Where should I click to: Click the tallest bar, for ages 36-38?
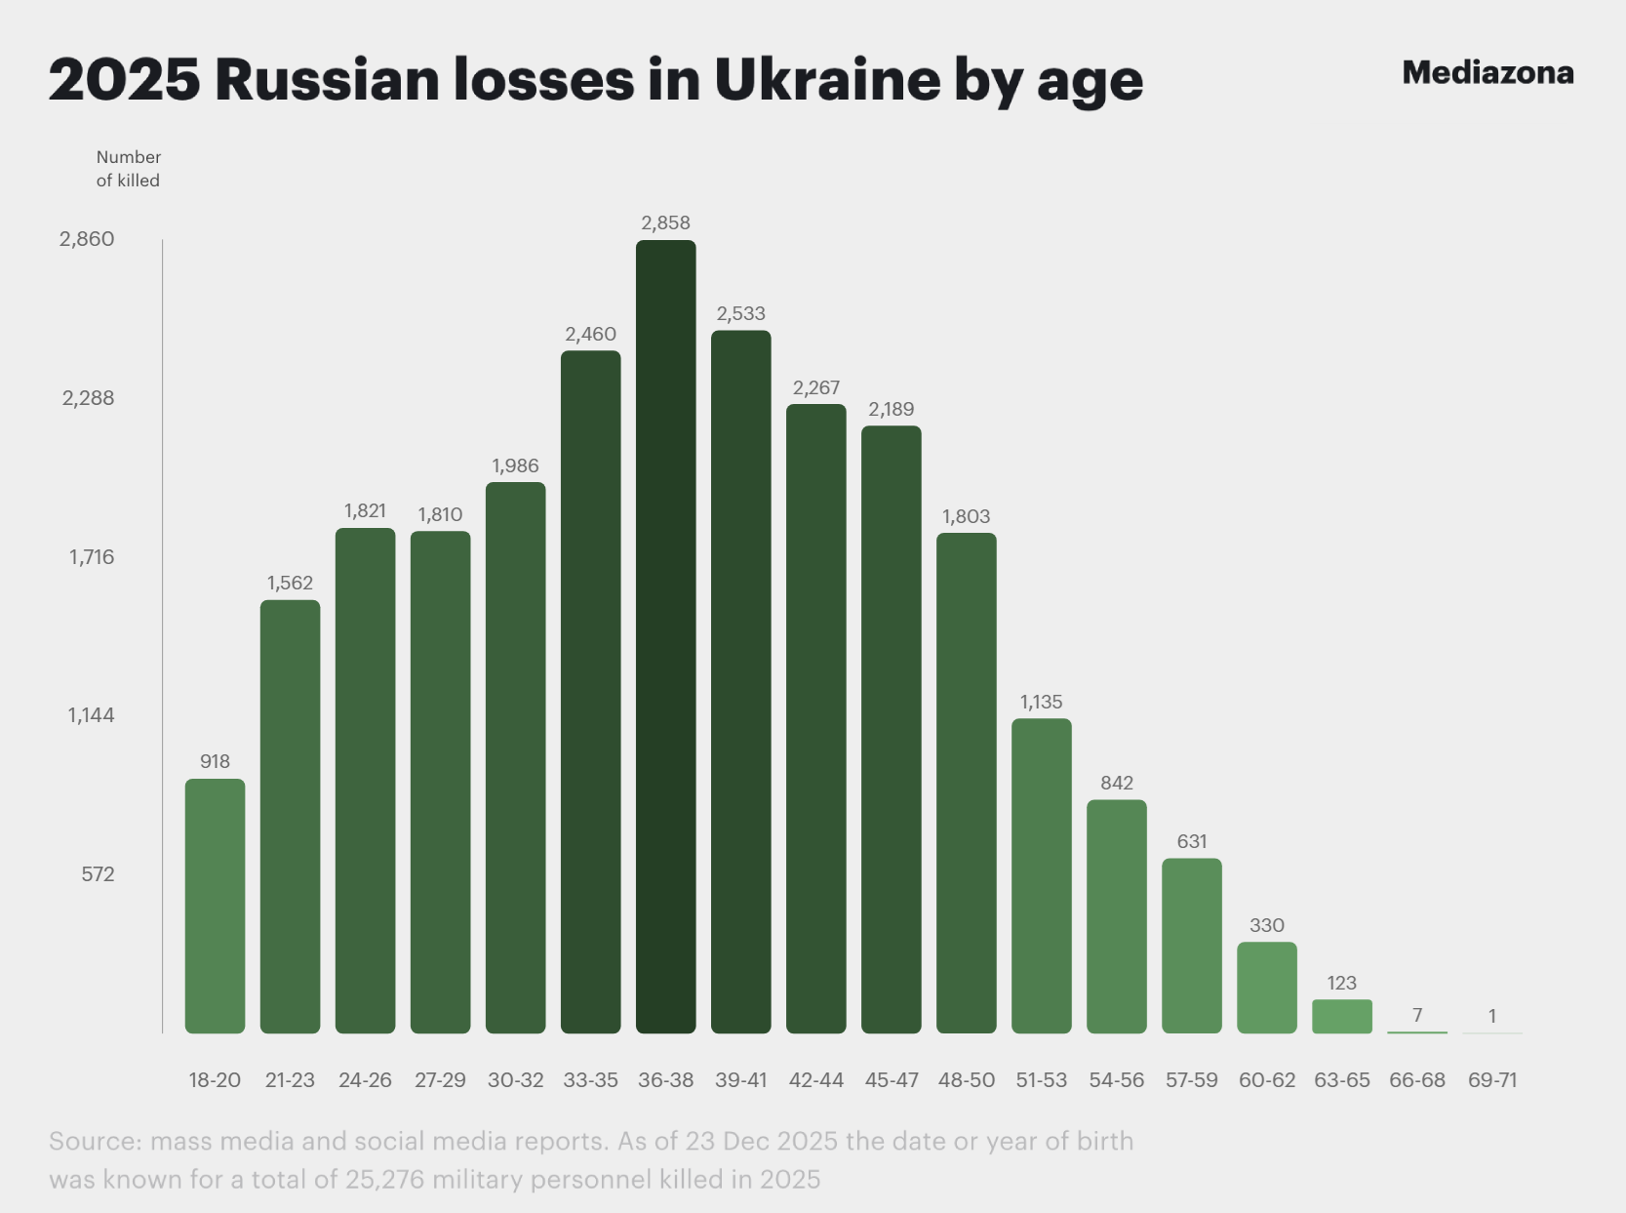pyautogui.click(x=665, y=636)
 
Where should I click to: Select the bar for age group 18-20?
pyautogui.click(x=215, y=906)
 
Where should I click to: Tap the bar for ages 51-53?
pyautogui.click(x=1041, y=875)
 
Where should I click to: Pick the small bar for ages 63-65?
pyautogui.click(x=1341, y=1016)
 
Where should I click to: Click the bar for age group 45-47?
pyautogui.click(x=891, y=729)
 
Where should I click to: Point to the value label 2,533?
pyautogui.click(x=740, y=313)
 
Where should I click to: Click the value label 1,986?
pyautogui.click(x=515, y=465)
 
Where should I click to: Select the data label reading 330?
pyautogui.click(x=1266, y=925)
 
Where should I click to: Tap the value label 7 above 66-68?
pyautogui.click(x=1416, y=1015)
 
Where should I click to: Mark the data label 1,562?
pyautogui.click(x=290, y=583)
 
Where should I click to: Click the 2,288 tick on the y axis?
pyautogui.click(x=88, y=398)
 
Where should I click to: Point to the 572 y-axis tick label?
pyautogui.click(x=98, y=874)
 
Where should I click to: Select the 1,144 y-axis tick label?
pyautogui.click(x=91, y=715)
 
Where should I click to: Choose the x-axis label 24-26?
pyautogui.click(x=365, y=1080)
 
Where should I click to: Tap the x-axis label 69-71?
pyautogui.click(x=1491, y=1080)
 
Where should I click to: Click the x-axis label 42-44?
pyautogui.click(x=815, y=1080)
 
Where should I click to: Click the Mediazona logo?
pyautogui.click(x=1487, y=73)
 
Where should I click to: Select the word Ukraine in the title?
pyautogui.click(x=827, y=79)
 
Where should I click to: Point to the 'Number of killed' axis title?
pyautogui.click(x=128, y=169)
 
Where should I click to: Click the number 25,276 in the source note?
pyautogui.click(x=383, y=1179)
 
